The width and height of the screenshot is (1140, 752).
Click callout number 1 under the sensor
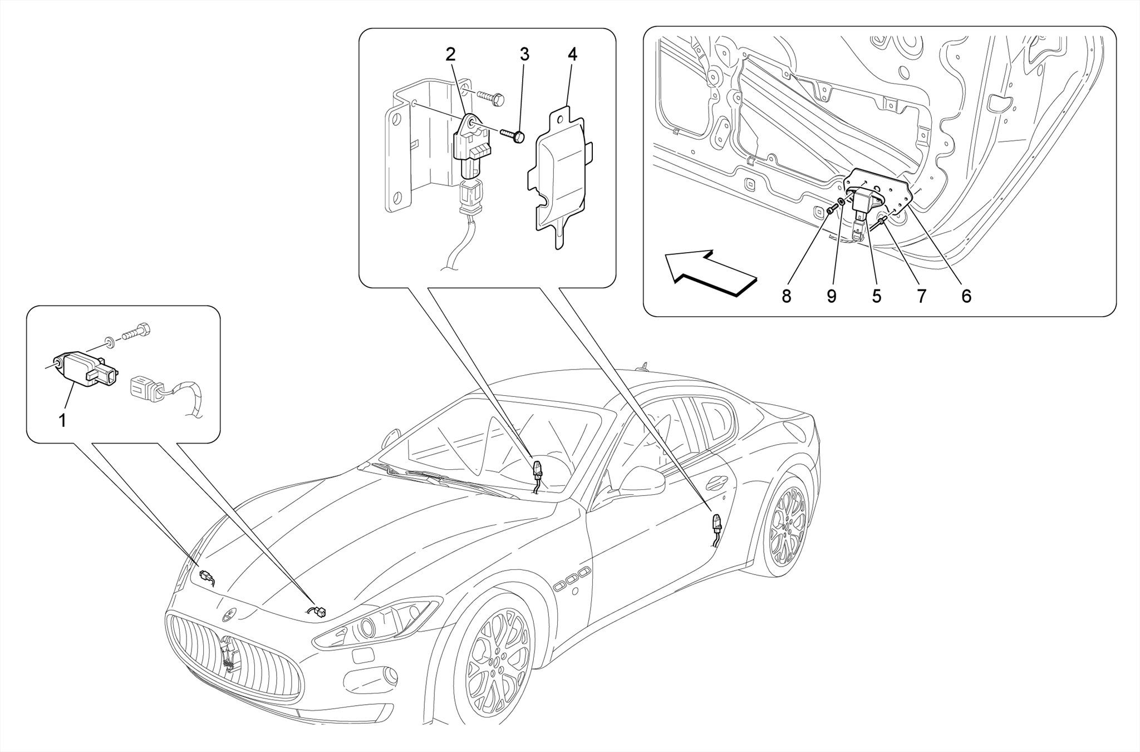pos(62,420)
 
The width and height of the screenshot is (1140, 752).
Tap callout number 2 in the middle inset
pos(450,55)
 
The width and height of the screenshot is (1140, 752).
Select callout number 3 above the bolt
pos(524,55)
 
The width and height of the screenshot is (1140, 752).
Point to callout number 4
pos(572,55)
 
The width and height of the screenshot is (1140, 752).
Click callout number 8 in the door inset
pos(786,297)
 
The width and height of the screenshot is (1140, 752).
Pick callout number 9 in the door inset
pos(831,297)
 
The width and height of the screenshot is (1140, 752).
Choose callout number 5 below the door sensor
pos(877,297)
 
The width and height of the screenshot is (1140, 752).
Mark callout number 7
pos(921,297)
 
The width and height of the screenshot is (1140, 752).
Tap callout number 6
pos(966,297)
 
